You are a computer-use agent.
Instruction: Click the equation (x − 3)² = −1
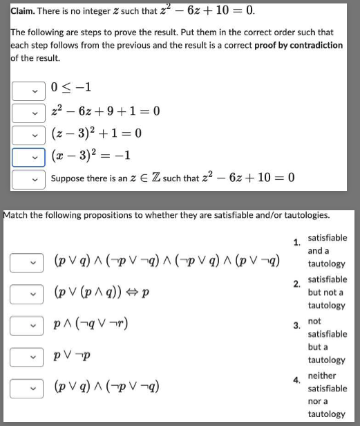(x=91, y=156)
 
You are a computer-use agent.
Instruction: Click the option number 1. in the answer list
(x=296, y=242)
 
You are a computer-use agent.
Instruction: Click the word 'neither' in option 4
(x=322, y=376)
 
